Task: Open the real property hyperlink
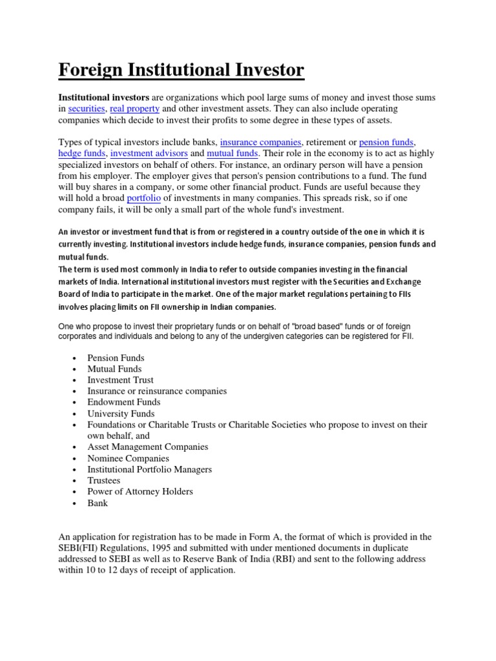pos(134,109)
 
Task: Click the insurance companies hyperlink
pos(261,142)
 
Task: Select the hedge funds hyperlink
pos(82,154)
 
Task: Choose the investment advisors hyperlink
pos(149,154)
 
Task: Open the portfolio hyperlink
pos(143,198)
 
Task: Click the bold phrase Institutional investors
pos(104,97)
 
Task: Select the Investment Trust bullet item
pos(121,380)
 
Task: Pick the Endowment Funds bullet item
pos(124,402)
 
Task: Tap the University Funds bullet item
pos(121,414)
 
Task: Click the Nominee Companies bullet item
pos(129,458)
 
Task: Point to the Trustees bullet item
pos(104,480)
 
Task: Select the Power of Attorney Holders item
pos(140,491)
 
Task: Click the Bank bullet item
pos(98,503)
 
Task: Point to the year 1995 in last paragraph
pos(164,548)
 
